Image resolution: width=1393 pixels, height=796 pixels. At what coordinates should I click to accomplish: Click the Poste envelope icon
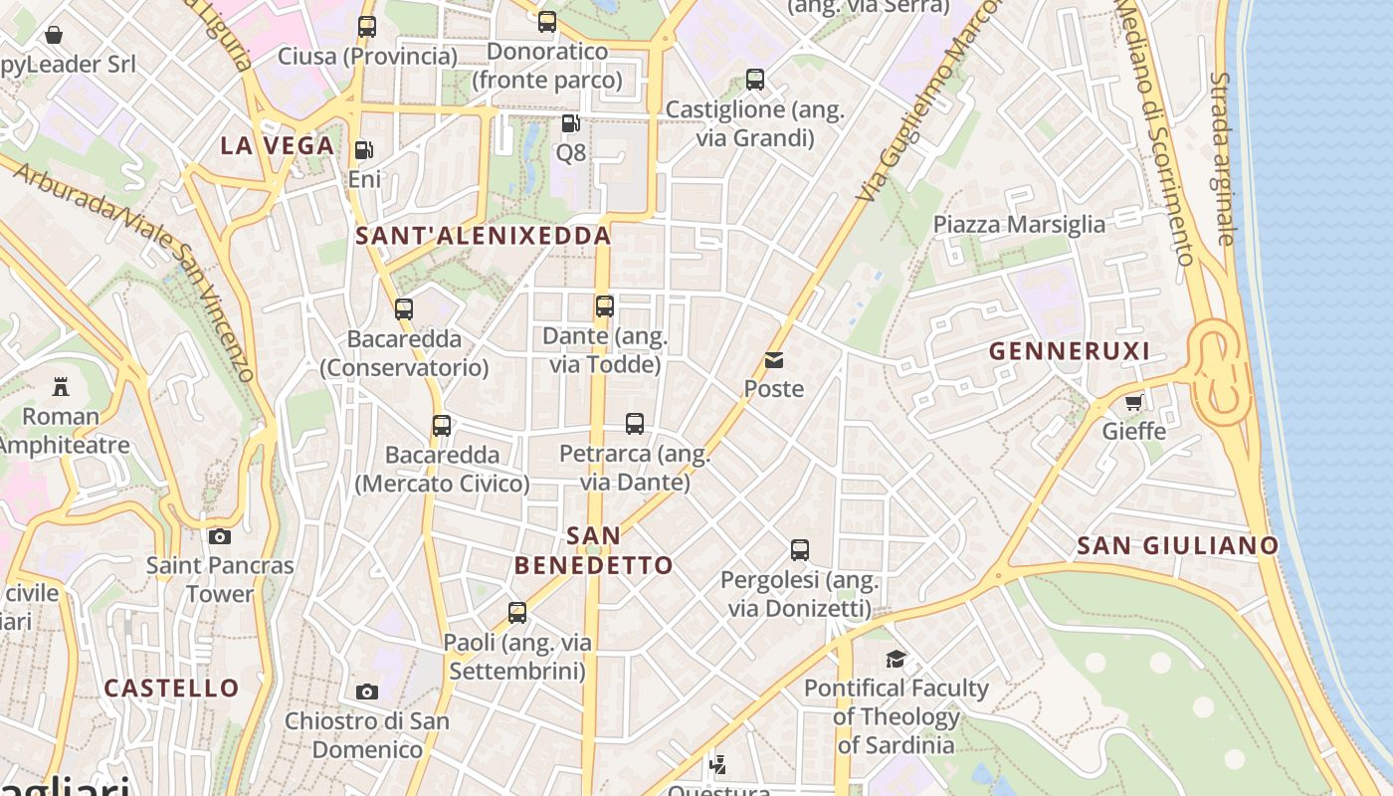[774, 360]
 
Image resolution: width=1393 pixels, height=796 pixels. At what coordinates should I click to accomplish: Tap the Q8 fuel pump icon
[570, 123]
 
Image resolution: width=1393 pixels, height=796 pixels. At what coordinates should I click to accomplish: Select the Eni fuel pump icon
[364, 150]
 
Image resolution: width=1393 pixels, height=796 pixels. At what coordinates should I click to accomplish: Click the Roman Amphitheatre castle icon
[61, 386]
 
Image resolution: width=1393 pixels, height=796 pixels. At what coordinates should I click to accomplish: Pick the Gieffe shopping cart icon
[1133, 402]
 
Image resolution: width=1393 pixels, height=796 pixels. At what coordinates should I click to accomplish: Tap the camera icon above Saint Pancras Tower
[220, 536]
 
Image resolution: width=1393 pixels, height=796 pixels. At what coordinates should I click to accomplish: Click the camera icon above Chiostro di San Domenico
[367, 692]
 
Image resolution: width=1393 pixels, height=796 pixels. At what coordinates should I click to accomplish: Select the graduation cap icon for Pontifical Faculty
[896, 659]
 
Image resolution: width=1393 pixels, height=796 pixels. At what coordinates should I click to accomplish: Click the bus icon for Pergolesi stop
[800, 549]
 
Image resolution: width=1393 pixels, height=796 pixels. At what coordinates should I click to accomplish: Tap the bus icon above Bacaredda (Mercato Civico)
[442, 426]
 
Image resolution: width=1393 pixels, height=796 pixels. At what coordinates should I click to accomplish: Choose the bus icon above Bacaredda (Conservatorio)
[403, 309]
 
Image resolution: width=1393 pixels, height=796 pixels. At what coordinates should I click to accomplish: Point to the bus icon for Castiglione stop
[755, 80]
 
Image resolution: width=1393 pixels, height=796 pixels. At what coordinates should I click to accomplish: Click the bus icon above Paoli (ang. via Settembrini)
[517, 613]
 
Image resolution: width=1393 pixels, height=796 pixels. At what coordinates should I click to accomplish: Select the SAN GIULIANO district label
[1178, 545]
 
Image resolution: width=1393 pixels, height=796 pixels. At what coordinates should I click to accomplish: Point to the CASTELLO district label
[172, 689]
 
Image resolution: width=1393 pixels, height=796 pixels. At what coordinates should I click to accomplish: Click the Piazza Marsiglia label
[1019, 224]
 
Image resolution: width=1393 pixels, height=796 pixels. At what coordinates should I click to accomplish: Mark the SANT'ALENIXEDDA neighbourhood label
[483, 236]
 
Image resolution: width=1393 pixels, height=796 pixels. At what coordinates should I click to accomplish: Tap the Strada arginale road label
[1222, 159]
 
